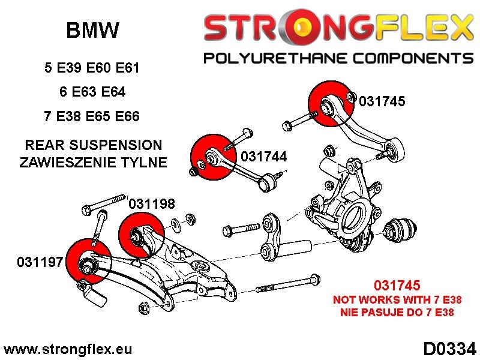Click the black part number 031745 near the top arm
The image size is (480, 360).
[x=382, y=101]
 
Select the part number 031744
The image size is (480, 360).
[x=263, y=157]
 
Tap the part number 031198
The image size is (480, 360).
[x=152, y=204]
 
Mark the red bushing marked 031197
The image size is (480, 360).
[x=88, y=263]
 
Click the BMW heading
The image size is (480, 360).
[x=92, y=30]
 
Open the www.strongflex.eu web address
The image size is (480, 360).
[x=68, y=349]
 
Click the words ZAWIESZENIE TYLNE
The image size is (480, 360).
[x=93, y=163]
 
